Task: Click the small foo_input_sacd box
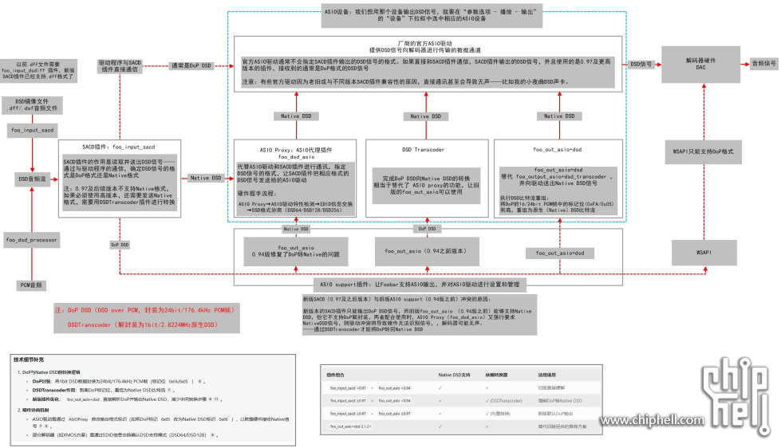click(x=32, y=128)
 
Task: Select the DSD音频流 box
click(x=32, y=179)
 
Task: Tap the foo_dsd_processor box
click(x=32, y=239)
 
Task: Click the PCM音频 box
click(x=32, y=285)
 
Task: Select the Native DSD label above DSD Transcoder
click(x=428, y=116)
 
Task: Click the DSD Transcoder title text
click(x=424, y=149)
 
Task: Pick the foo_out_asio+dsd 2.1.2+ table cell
click(x=353, y=427)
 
